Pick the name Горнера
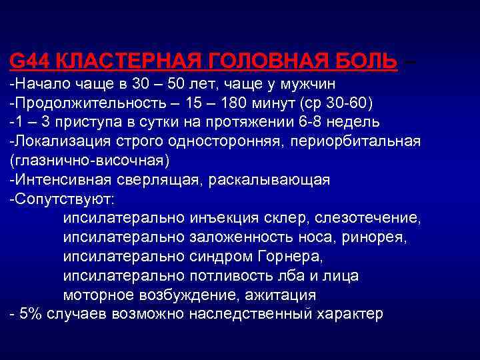tap(294, 257)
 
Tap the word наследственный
tap(247, 314)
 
